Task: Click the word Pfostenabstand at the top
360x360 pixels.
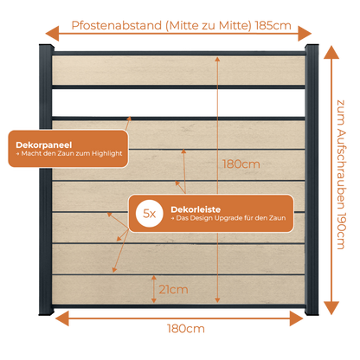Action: pyautogui.click(x=117, y=26)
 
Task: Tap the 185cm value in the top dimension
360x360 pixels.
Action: pyautogui.click(x=273, y=26)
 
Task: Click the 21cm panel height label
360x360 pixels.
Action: pyautogui.click(x=173, y=290)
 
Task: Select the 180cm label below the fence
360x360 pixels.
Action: pyautogui.click(x=186, y=329)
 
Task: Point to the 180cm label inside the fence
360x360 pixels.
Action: pyautogui.click(x=241, y=164)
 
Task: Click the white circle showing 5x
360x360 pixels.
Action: pyautogui.click(x=150, y=214)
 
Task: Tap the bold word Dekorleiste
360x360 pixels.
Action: pyautogui.click(x=196, y=209)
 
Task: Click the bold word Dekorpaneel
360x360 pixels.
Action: pyautogui.click(x=44, y=145)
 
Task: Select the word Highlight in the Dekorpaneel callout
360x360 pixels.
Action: pyautogui.click(x=107, y=154)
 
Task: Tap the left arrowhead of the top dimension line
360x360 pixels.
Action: pyautogui.click(x=52, y=34)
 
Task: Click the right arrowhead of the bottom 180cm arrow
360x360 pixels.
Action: pyautogui.click(x=296, y=318)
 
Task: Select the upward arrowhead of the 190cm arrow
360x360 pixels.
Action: pyautogui.click(x=331, y=53)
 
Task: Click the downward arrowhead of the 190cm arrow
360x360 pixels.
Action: pyautogui.click(x=331, y=308)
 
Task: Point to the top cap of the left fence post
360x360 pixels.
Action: pyautogui.click(x=47, y=48)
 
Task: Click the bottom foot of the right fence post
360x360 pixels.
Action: pyautogui.click(x=312, y=312)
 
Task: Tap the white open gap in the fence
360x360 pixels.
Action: pyautogui.click(x=178, y=102)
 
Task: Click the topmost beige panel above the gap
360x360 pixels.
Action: pyautogui.click(x=178, y=70)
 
